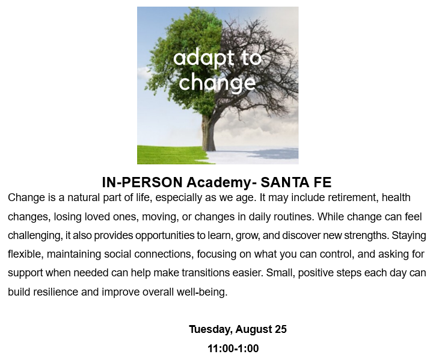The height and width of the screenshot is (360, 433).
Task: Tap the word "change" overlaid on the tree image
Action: click(217, 82)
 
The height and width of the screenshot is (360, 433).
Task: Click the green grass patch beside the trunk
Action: click(171, 155)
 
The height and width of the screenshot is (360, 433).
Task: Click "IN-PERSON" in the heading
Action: click(142, 182)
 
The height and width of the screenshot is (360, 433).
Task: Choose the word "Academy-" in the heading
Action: click(222, 182)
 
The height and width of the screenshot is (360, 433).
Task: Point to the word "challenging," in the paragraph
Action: click(35, 235)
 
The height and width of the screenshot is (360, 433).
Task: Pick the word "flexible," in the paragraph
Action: click(26, 254)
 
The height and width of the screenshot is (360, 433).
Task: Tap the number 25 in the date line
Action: click(281, 329)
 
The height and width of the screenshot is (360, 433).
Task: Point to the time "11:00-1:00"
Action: click(233, 349)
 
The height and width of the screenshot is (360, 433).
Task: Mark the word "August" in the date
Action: click(254, 329)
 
